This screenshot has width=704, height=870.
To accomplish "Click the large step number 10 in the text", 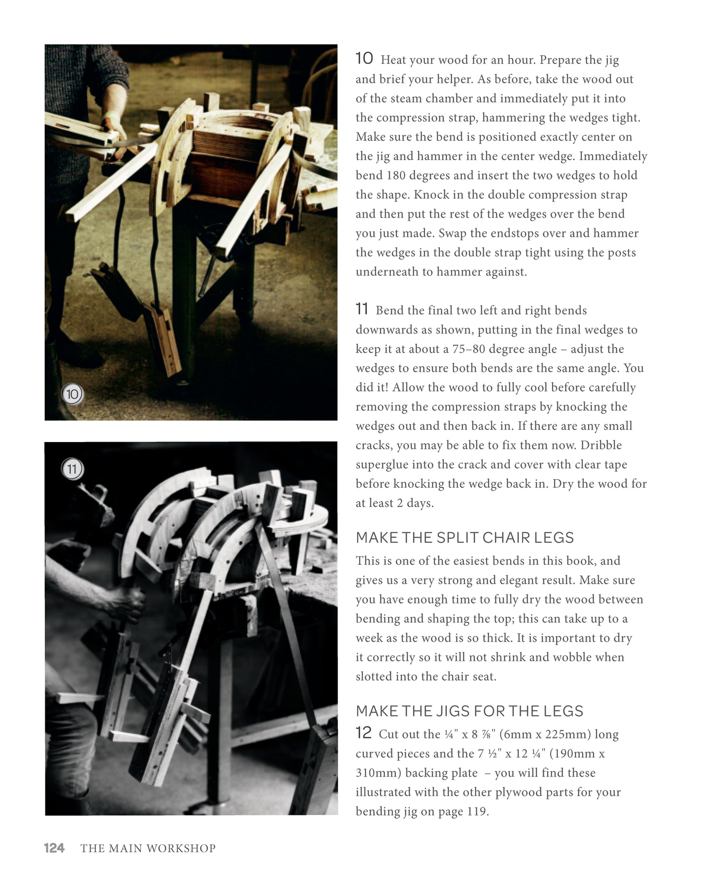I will [x=364, y=58].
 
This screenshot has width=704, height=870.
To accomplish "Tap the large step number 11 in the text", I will [x=362, y=309].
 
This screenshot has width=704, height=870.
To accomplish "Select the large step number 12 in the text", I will [x=363, y=733].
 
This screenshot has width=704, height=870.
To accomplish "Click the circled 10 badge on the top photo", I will [x=72, y=394].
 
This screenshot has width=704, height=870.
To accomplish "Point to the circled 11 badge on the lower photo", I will [x=72, y=469].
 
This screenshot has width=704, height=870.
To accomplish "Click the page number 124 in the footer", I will [x=54, y=848].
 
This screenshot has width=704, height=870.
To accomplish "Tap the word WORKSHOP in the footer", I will [x=181, y=848].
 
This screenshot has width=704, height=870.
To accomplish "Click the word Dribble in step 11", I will [x=601, y=445].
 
